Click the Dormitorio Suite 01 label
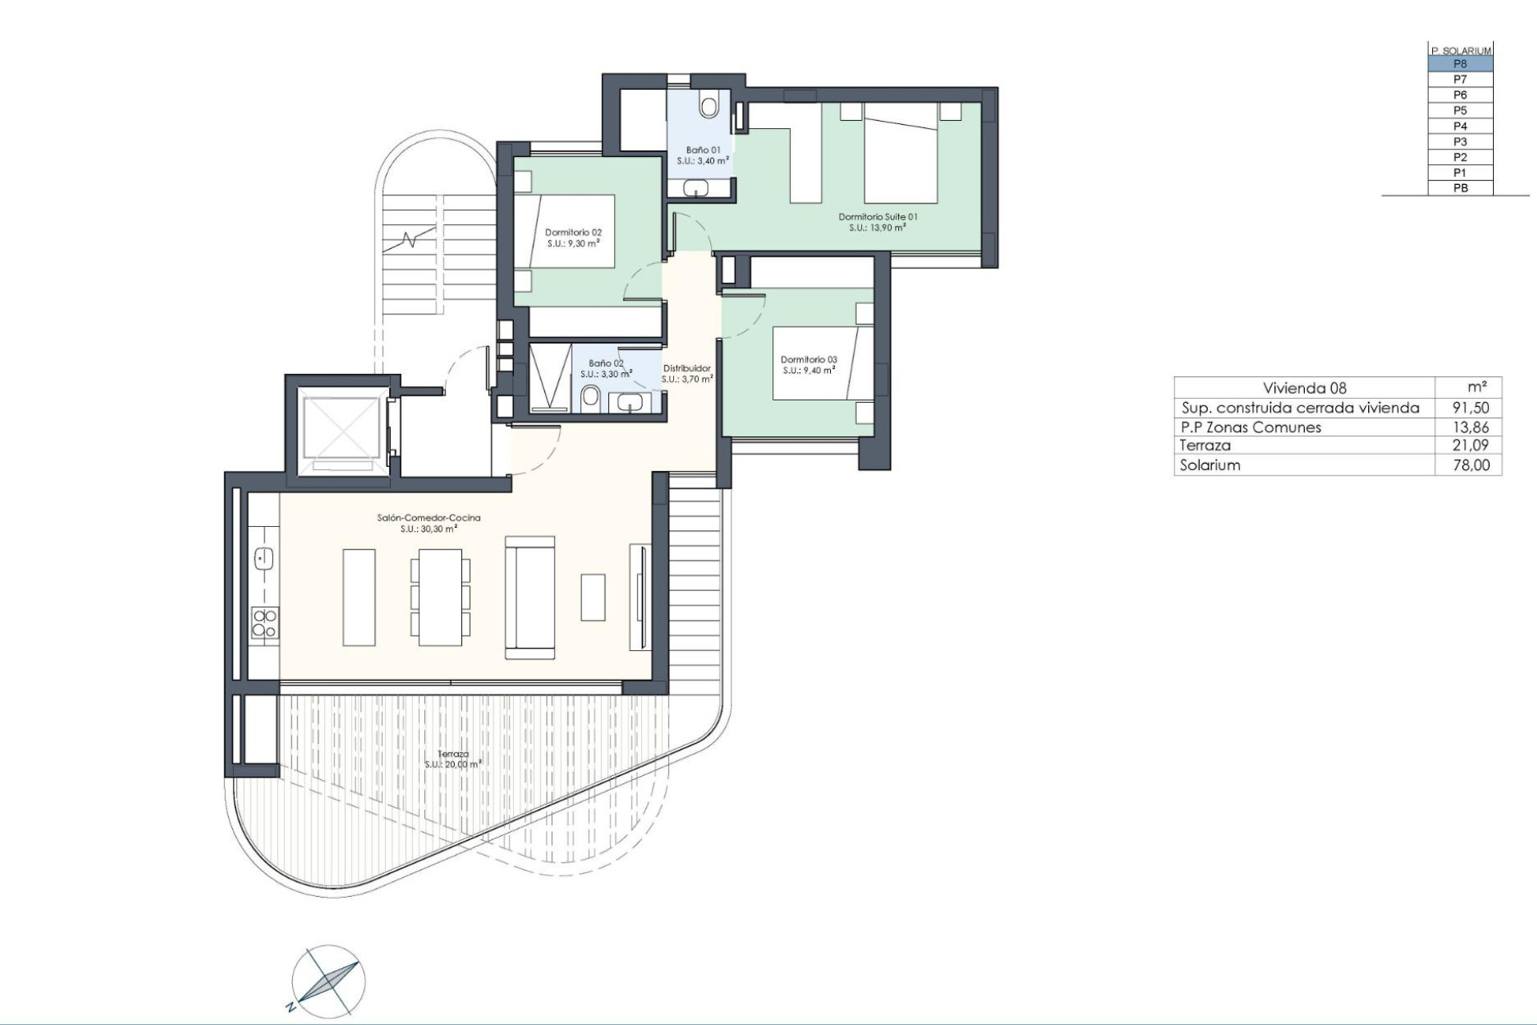tap(877, 222)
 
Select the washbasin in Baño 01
tap(696, 188)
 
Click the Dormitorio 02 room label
tap(573, 238)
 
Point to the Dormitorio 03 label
tap(809, 365)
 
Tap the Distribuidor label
tap(687, 373)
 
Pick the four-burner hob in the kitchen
tap(265, 623)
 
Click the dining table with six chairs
tap(440, 597)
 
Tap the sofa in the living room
tap(530, 597)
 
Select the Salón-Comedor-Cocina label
tap(429, 523)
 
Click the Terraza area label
tap(453, 759)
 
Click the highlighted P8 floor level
tap(1460, 64)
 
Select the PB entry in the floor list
tap(1460, 188)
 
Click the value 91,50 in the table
tap(1471, 408)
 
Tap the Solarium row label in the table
tap(1210, 465)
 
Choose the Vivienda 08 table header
tap(1305, 388)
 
